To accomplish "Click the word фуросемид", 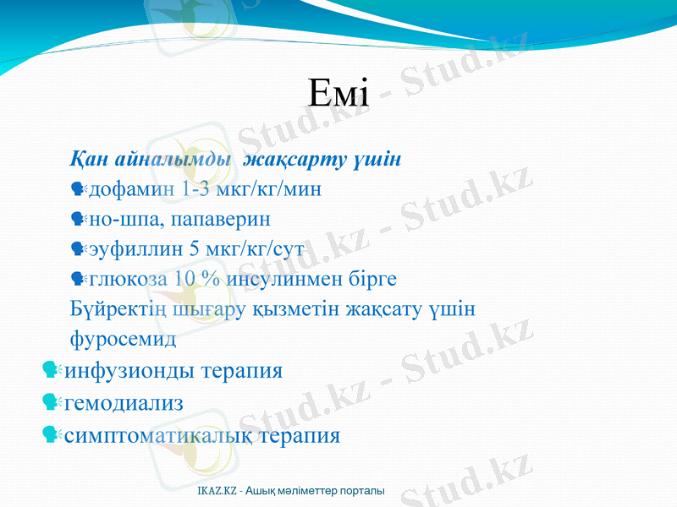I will tap(124, 340).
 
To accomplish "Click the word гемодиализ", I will tap(124, 403).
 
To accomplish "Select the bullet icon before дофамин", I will tap(80, 190).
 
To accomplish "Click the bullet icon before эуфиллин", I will tap(80, 250).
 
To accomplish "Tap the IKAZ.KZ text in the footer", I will tap(216, 491).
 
